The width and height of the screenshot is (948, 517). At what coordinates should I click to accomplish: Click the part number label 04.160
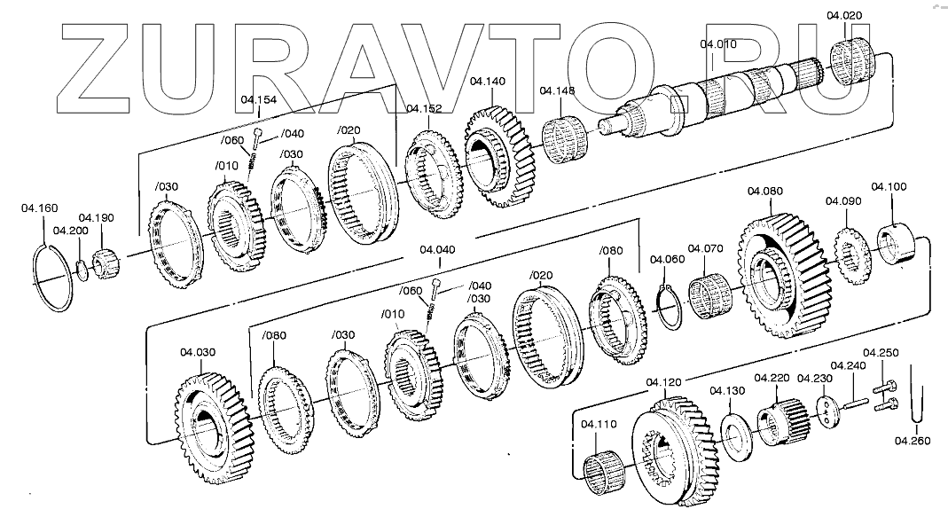click(39, 209)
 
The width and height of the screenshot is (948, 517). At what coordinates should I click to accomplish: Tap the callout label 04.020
click(843, 15)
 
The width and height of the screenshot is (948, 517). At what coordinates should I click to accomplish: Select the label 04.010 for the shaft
click(717, 43)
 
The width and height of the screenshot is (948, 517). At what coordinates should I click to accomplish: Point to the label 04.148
click(558, 90)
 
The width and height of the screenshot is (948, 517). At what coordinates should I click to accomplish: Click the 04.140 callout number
click(488, 81)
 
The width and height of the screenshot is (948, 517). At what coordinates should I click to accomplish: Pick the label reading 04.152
click(424, 108)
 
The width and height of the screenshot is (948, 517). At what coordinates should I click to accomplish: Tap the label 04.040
click(437, 249)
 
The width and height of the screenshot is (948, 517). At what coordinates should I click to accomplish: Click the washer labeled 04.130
click(736, 435)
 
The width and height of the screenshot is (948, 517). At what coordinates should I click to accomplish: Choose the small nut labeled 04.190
click(105, 260)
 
